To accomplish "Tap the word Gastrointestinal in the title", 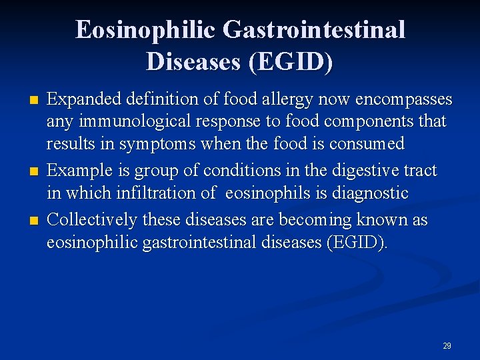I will point(314,31).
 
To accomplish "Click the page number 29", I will point(447,345).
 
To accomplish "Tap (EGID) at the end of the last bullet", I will point(357,241).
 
